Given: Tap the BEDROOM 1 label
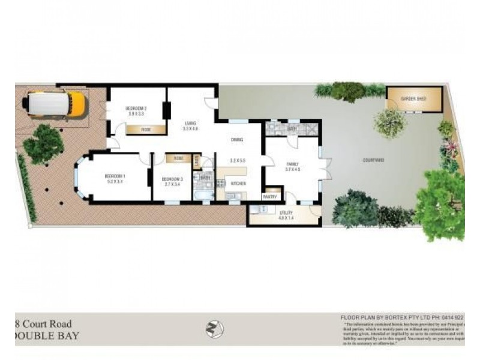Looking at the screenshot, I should tap(114, 176).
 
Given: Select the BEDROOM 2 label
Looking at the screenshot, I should tap(136, 108).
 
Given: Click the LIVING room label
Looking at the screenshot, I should tap(191, 124).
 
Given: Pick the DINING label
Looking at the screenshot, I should tap(237, 140).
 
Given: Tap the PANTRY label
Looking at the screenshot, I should tap(269, 196).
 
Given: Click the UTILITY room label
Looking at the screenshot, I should tap(285, 213).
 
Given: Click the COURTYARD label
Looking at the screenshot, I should tap(374, 160).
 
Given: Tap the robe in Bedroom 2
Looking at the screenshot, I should tap(146, 129).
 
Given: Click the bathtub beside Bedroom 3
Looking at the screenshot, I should tap(203, 196).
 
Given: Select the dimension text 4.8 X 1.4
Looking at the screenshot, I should tap(285, 218).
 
